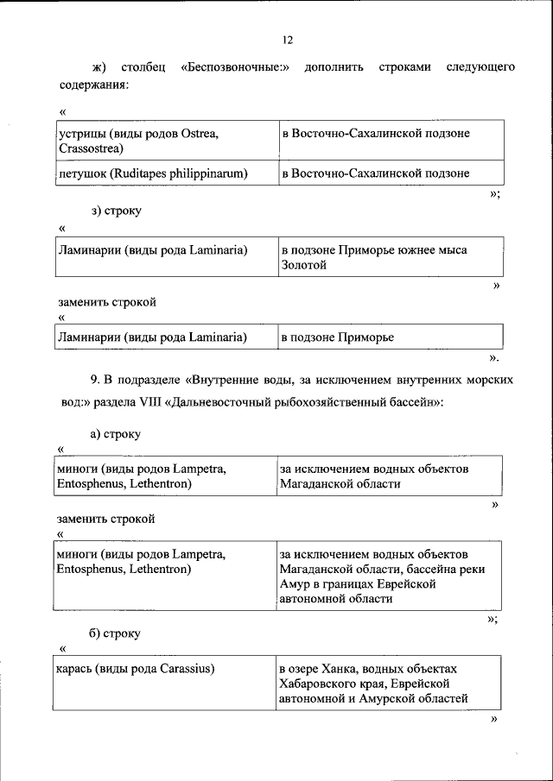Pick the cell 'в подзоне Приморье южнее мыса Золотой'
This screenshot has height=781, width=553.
391,258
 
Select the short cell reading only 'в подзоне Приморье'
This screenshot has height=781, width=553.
391,337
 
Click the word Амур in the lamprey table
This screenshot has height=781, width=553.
296,584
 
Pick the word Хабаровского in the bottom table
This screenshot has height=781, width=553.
316,683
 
